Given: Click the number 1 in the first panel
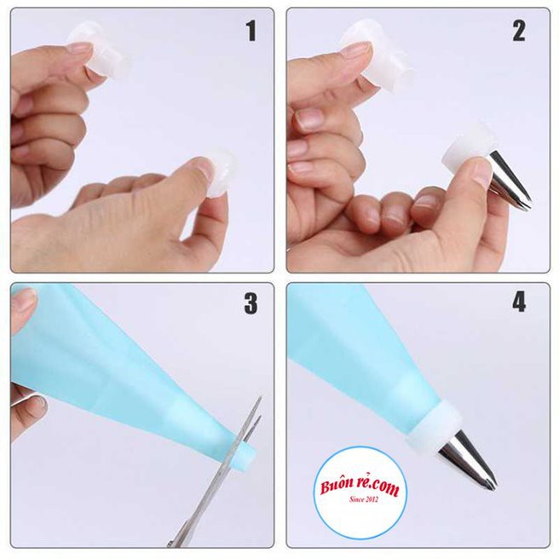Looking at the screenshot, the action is point(251,31).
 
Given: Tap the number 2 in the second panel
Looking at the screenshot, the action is point(519,31).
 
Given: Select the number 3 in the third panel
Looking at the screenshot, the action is point(251,303).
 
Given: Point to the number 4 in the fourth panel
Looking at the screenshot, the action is point(519,303).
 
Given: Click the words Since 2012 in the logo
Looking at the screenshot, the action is point(364,499).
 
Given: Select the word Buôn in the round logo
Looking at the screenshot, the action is point(337,486).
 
